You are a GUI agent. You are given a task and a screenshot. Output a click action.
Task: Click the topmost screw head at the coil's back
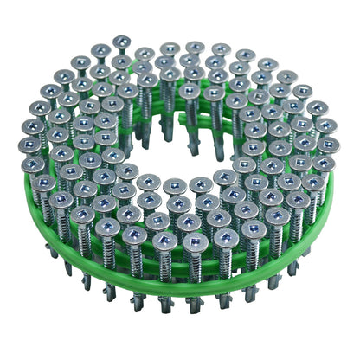pos(120,42)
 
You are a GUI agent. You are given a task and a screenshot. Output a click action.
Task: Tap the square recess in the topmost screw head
pos(120,41)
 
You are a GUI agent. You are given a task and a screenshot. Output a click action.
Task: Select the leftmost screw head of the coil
pos(30,145)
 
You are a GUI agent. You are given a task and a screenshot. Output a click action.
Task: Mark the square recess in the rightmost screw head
pos(329,145)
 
